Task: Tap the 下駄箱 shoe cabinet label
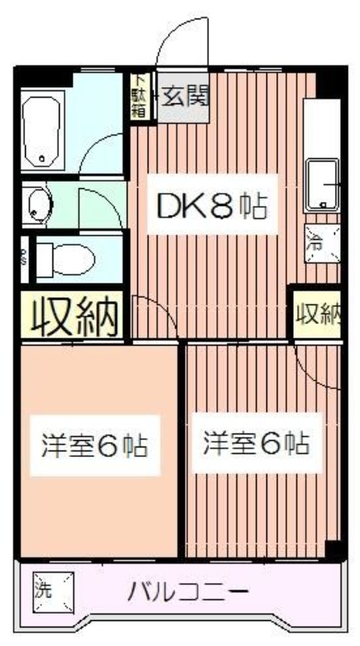140,96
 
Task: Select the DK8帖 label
211,208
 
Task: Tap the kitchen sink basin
324,184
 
